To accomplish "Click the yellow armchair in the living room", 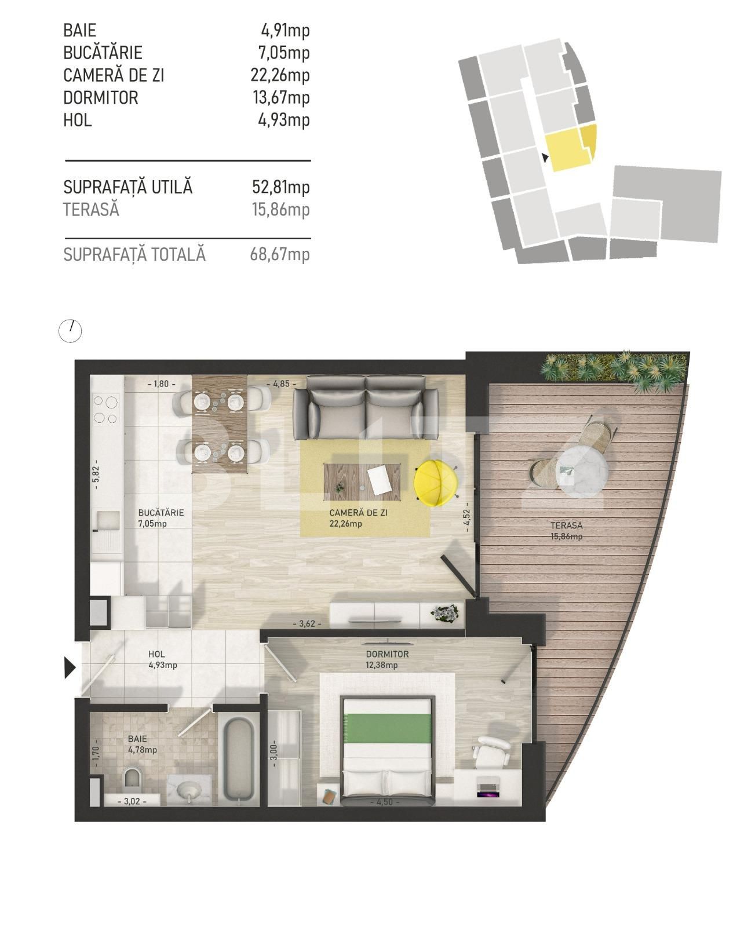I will pyautogui.click(x=436, y=483).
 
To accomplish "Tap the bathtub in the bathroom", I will pyautogui.click(x=239, y=760).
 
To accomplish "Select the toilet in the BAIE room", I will pyautogui.click(x=133, y=779).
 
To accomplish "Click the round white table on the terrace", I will pyautogui.click(x=581, y=470).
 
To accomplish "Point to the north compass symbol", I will pyautogui.click(x=71, y=331).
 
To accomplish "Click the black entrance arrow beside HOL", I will pyautogui.click(x=70, y=667).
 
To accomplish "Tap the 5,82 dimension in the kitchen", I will pyautogui.click(x=97, y=474).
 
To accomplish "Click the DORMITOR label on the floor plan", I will pyautogui.click(x=387, y=654).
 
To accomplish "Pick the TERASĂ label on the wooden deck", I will pyautogui.click(x=566, y=525).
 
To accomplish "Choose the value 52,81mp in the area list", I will pyautogui.click(x=280, y=187).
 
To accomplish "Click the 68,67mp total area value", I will pyautogui.click(x=280, y=254).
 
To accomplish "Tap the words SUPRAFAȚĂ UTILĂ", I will pyautogui.click(x=127, y=187).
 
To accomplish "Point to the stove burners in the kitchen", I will pyautogui.click(x=107, y=409).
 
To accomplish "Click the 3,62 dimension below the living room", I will pyautogui.click(x=307, y=623).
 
